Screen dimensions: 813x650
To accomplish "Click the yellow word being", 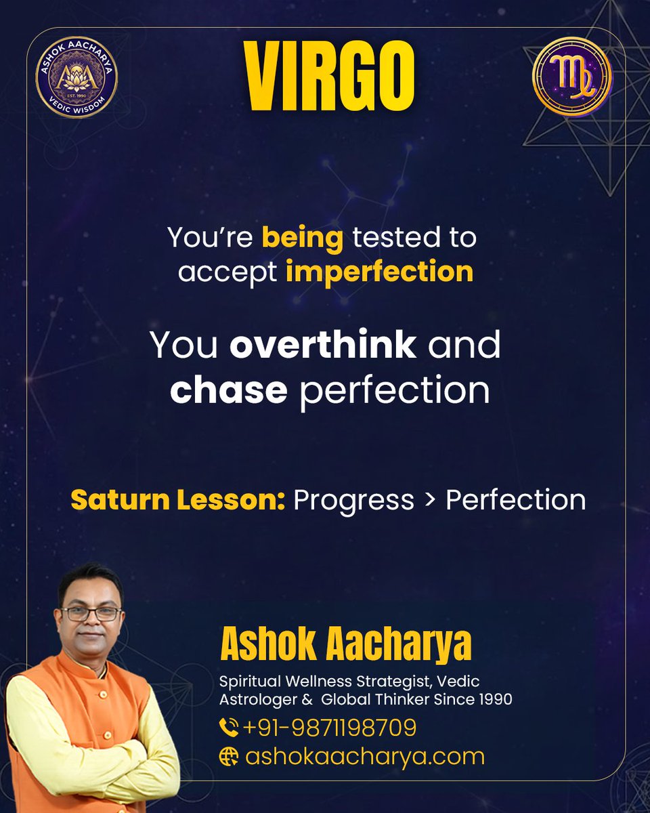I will [303, 238].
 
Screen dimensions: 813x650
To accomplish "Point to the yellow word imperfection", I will [379, 272].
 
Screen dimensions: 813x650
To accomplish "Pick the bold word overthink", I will [322, 345].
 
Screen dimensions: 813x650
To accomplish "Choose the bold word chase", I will [229, 390].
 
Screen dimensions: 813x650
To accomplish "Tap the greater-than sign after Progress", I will [430, 501].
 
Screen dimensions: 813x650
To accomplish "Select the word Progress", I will [353, 501].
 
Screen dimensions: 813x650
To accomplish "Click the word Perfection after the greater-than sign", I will [515, 500].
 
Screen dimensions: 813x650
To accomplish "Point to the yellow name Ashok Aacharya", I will [345, 646].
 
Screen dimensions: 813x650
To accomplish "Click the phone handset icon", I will [229, 728].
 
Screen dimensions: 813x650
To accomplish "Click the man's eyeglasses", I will [91, 614].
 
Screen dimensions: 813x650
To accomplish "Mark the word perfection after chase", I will [394, 391].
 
